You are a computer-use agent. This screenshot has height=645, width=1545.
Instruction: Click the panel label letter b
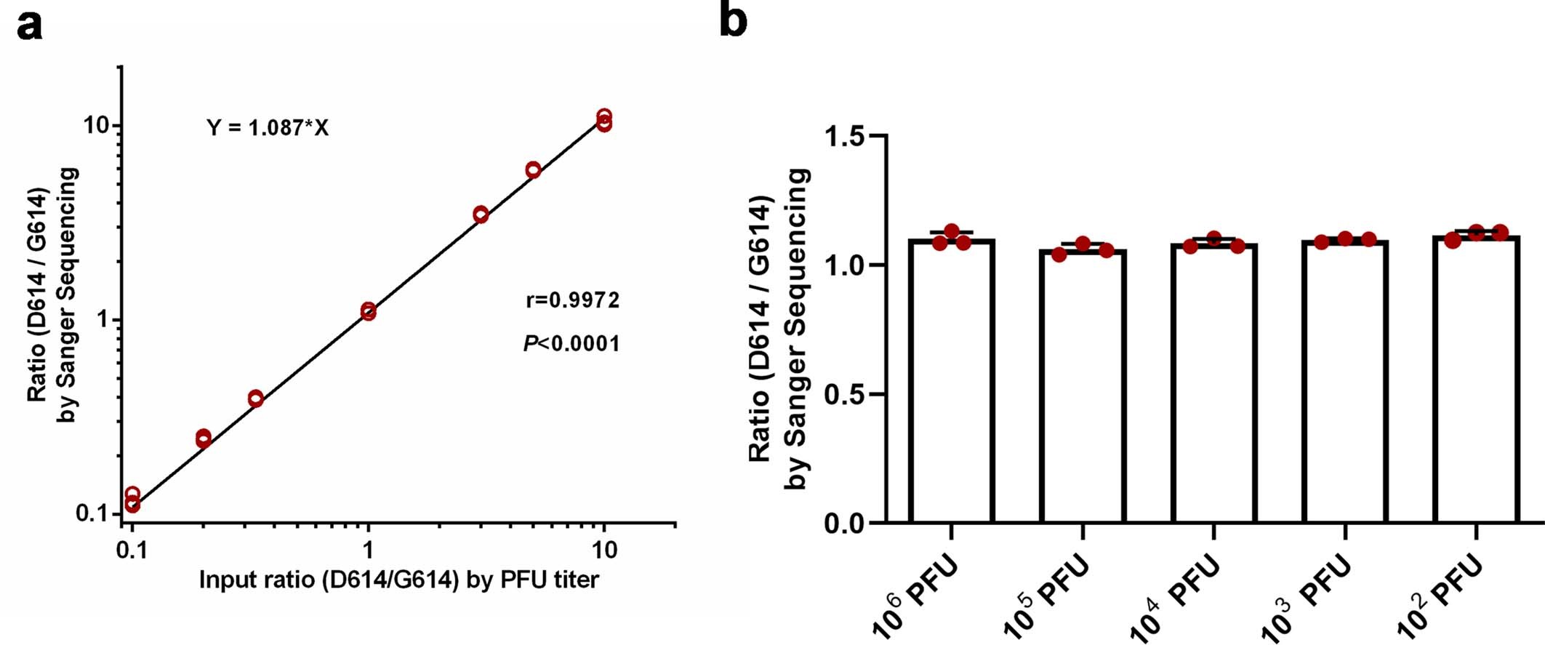(x=733, y=20)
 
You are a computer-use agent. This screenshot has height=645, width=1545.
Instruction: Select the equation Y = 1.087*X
(x=268, y=128)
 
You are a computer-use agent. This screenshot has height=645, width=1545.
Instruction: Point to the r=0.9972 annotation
(x=572, y=300)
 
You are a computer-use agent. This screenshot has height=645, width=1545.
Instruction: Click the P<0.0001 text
(x=571, y=342)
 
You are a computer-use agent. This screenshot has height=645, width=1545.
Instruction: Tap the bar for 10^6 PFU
(x=951, y=382)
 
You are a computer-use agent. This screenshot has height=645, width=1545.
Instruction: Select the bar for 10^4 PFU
(x=1213, y=384)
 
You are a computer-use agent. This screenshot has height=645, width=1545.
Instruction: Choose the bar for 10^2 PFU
(x=1477, y=380)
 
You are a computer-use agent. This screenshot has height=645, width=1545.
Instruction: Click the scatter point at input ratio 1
(x=368, y=311)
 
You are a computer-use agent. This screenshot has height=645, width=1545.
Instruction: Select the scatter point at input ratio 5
(x=533, y=170)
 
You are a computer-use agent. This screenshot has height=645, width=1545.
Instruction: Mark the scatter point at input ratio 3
(x=481, y=215)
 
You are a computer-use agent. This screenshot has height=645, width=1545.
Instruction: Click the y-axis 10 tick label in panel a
(x=98, y=125)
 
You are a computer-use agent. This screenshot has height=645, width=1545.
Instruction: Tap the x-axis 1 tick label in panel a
(x=368, y=549)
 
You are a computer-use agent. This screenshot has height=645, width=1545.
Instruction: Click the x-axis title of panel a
(x=398, y=580)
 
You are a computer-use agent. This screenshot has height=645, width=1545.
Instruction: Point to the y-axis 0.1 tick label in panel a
(x=92, y=513)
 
